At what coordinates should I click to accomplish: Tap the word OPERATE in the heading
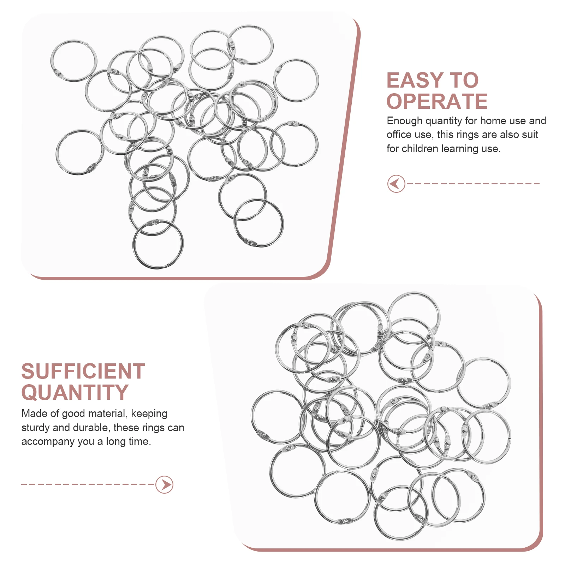pos(437,102)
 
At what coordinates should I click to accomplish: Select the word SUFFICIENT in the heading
pos(83,371)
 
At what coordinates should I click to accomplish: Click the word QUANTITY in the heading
pos(75,393)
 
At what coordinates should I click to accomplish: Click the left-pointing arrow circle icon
pos(396,184)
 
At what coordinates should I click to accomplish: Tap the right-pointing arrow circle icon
pos(164,484)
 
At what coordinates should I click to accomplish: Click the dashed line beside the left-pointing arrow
pos(473,184)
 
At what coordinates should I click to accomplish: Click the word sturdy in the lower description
pos(35,428)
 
